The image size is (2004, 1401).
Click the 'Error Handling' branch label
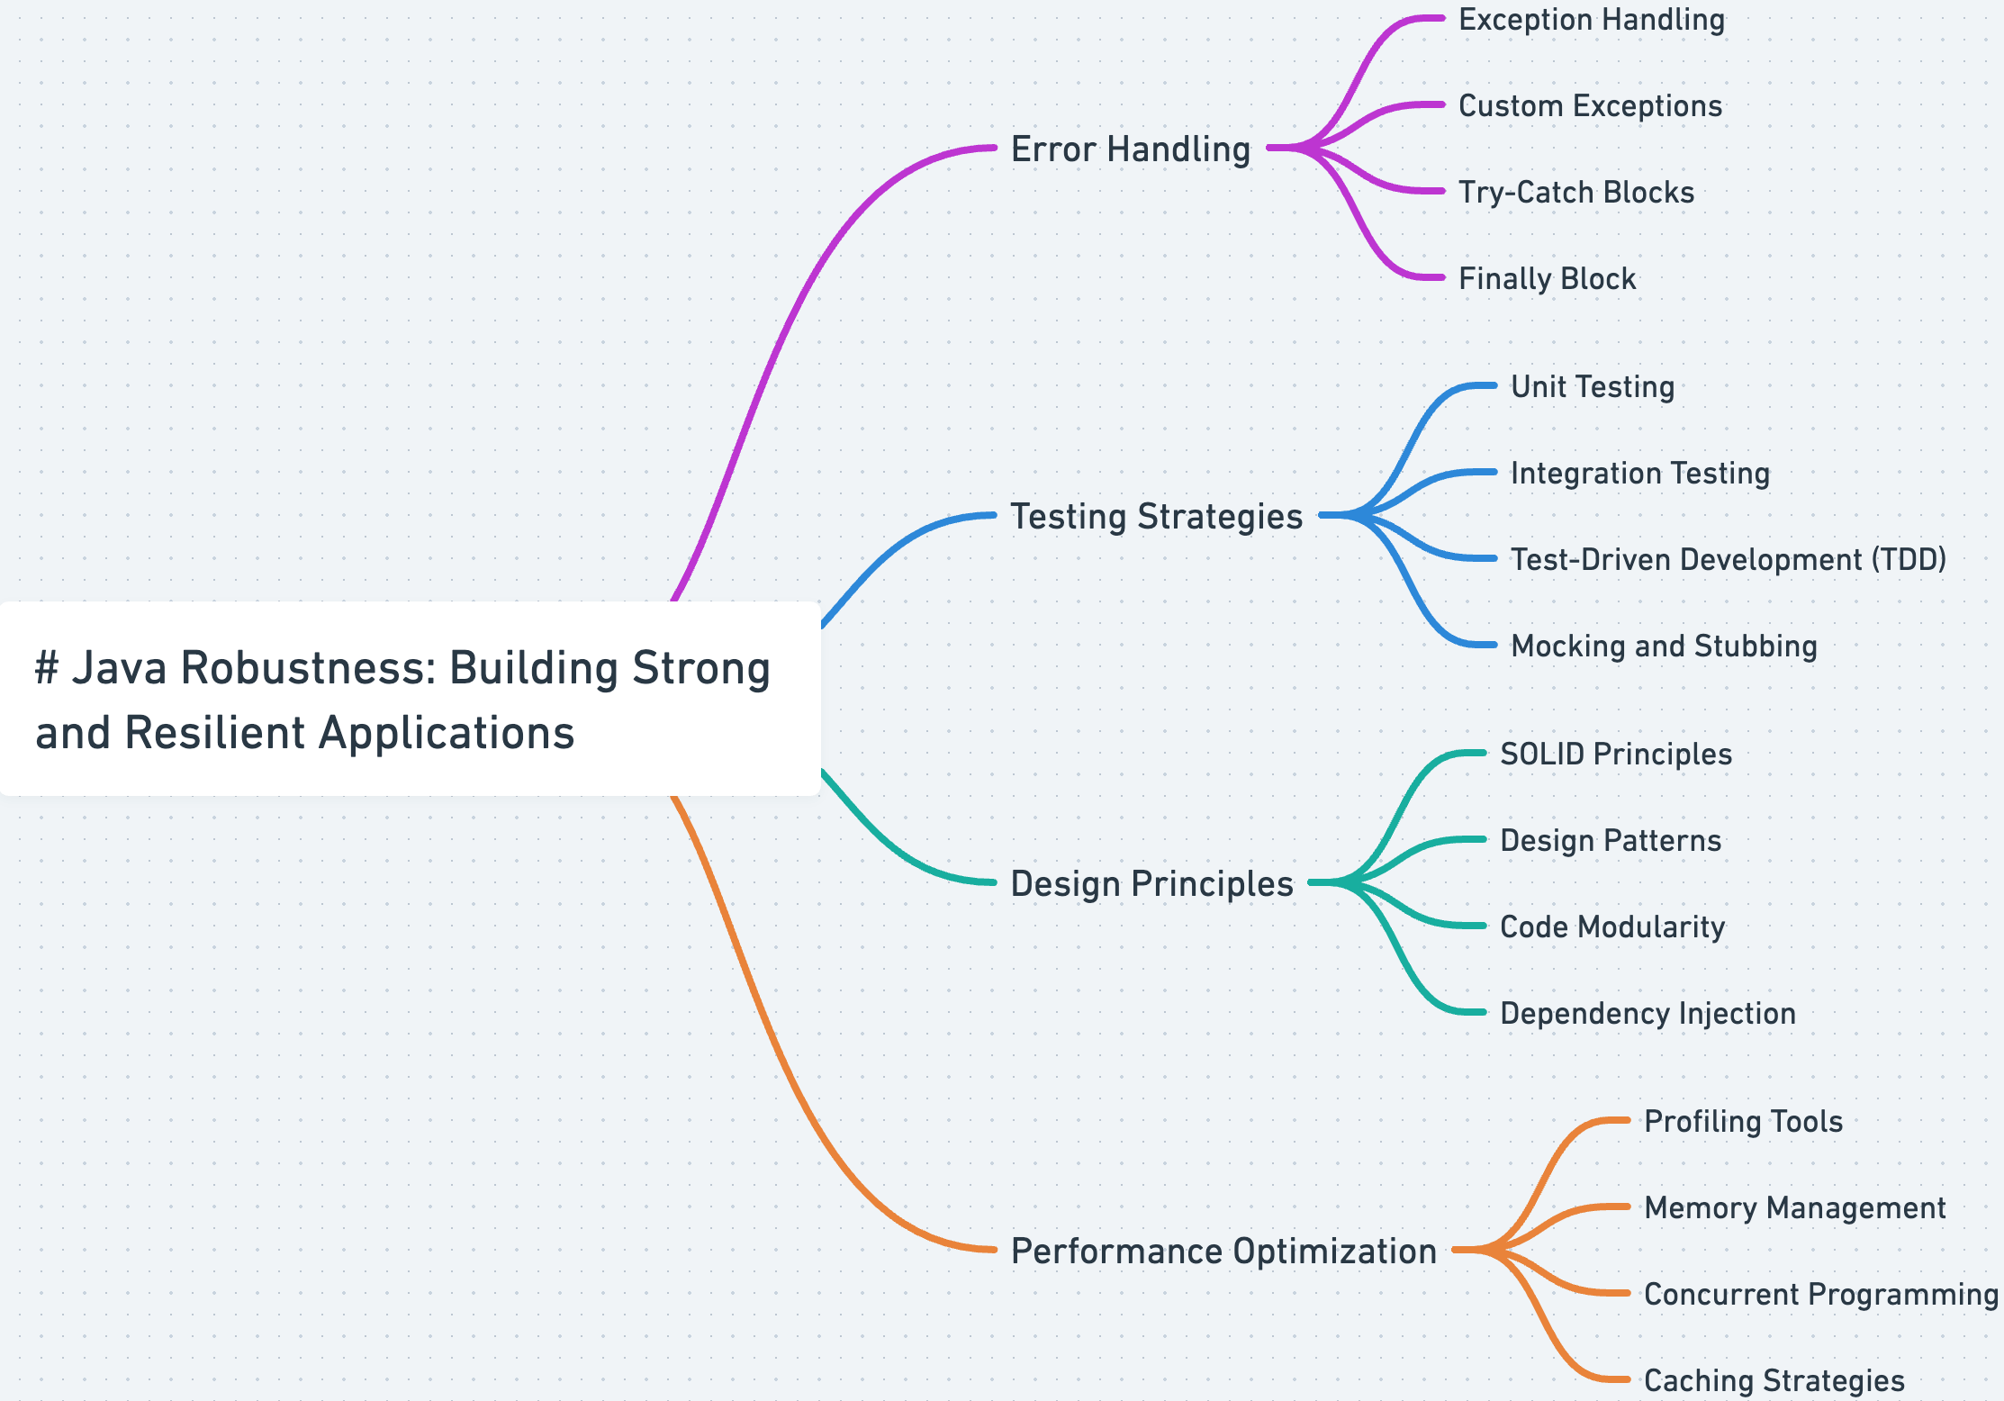(x=1131, y=149)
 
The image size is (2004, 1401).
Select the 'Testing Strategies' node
(x=1157, y=517)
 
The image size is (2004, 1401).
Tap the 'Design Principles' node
(x=1151, y=884)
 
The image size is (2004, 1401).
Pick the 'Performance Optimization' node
(x=1223, y=1252)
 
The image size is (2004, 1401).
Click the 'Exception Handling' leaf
(x=1591, y=20)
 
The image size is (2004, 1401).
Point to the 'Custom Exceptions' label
(x=1590, y=106)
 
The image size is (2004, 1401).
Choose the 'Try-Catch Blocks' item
(x=1575, y=193)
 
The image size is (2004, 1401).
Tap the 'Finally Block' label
(x=1547, y=279)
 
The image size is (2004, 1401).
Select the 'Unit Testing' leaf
(x=1592, y=387)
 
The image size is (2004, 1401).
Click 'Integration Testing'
(x=1639, y=474)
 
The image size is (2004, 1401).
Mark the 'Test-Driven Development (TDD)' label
(x=1728, y=560)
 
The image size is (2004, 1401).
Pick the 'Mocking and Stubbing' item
(x=1664, y=646)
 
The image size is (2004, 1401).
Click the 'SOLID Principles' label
(x=1615, y=755)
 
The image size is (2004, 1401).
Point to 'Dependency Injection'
(x=1647, y=1014)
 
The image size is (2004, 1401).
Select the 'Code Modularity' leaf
(x=1611, y=927)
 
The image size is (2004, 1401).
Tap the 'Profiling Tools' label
(x=1743, y=1122)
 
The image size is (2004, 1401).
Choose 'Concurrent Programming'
(x=1820, y=1295)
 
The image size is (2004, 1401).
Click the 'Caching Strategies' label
(x=1774, y=1381)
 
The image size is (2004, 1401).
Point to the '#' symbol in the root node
(x=47, y=669)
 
